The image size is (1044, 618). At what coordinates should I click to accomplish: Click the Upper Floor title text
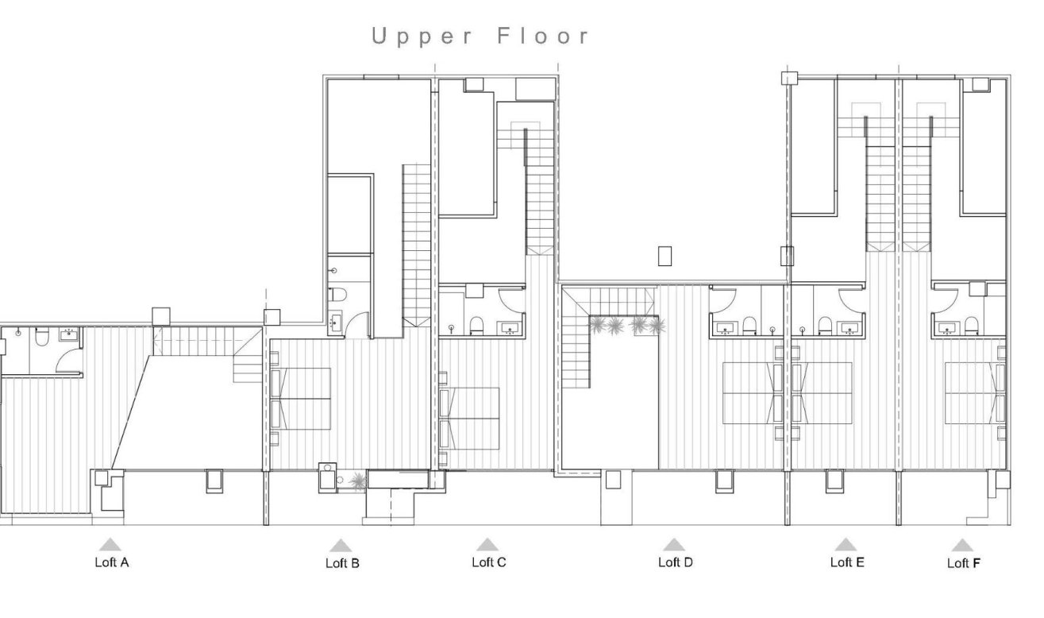(482, 37)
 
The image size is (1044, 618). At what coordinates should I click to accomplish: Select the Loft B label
(342, 564)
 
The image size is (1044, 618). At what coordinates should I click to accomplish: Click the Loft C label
(488, 563)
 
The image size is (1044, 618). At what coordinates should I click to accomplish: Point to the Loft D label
(675, 563)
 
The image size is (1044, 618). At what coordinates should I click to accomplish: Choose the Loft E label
(846, 563)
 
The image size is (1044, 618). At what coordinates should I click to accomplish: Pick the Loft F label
(963, 564)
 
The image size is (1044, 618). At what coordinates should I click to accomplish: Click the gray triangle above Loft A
(110, 545)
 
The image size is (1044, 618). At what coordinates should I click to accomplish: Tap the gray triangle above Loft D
(674, 545)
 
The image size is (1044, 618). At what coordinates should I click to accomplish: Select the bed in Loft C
(472, 418)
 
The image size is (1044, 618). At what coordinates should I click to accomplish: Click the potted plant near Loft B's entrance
(358, 480)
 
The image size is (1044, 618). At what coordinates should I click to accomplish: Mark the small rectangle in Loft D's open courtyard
(665, 256)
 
